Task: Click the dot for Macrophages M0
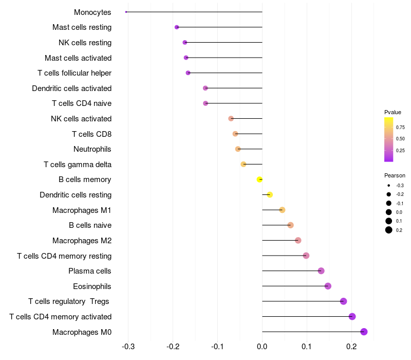tap(364, 332)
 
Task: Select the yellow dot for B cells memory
tap(259, 179)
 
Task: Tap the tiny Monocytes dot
tap(126, 12)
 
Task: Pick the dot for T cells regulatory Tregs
tap(343, 301)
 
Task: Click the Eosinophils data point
tap(328, 286)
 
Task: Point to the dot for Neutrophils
tap(238, 149)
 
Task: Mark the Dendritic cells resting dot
tap(270, 194)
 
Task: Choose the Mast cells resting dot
tap(177, 27)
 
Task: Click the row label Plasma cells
tap(90, 271)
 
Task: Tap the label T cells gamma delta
tap(78, 165)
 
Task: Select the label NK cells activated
tap(81, 119)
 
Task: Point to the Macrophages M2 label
tap(82, 241)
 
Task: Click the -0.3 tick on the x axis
tap(128, 347)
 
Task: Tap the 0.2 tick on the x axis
tap(351, 347)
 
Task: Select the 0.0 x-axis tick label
tap(262, 347)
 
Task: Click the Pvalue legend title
tap(393, 112)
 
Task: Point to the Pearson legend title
tap(395, 175)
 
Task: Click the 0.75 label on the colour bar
tap(400, 127)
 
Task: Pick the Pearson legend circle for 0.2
tap(389, 230)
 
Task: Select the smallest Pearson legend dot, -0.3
tap(389, 185)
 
